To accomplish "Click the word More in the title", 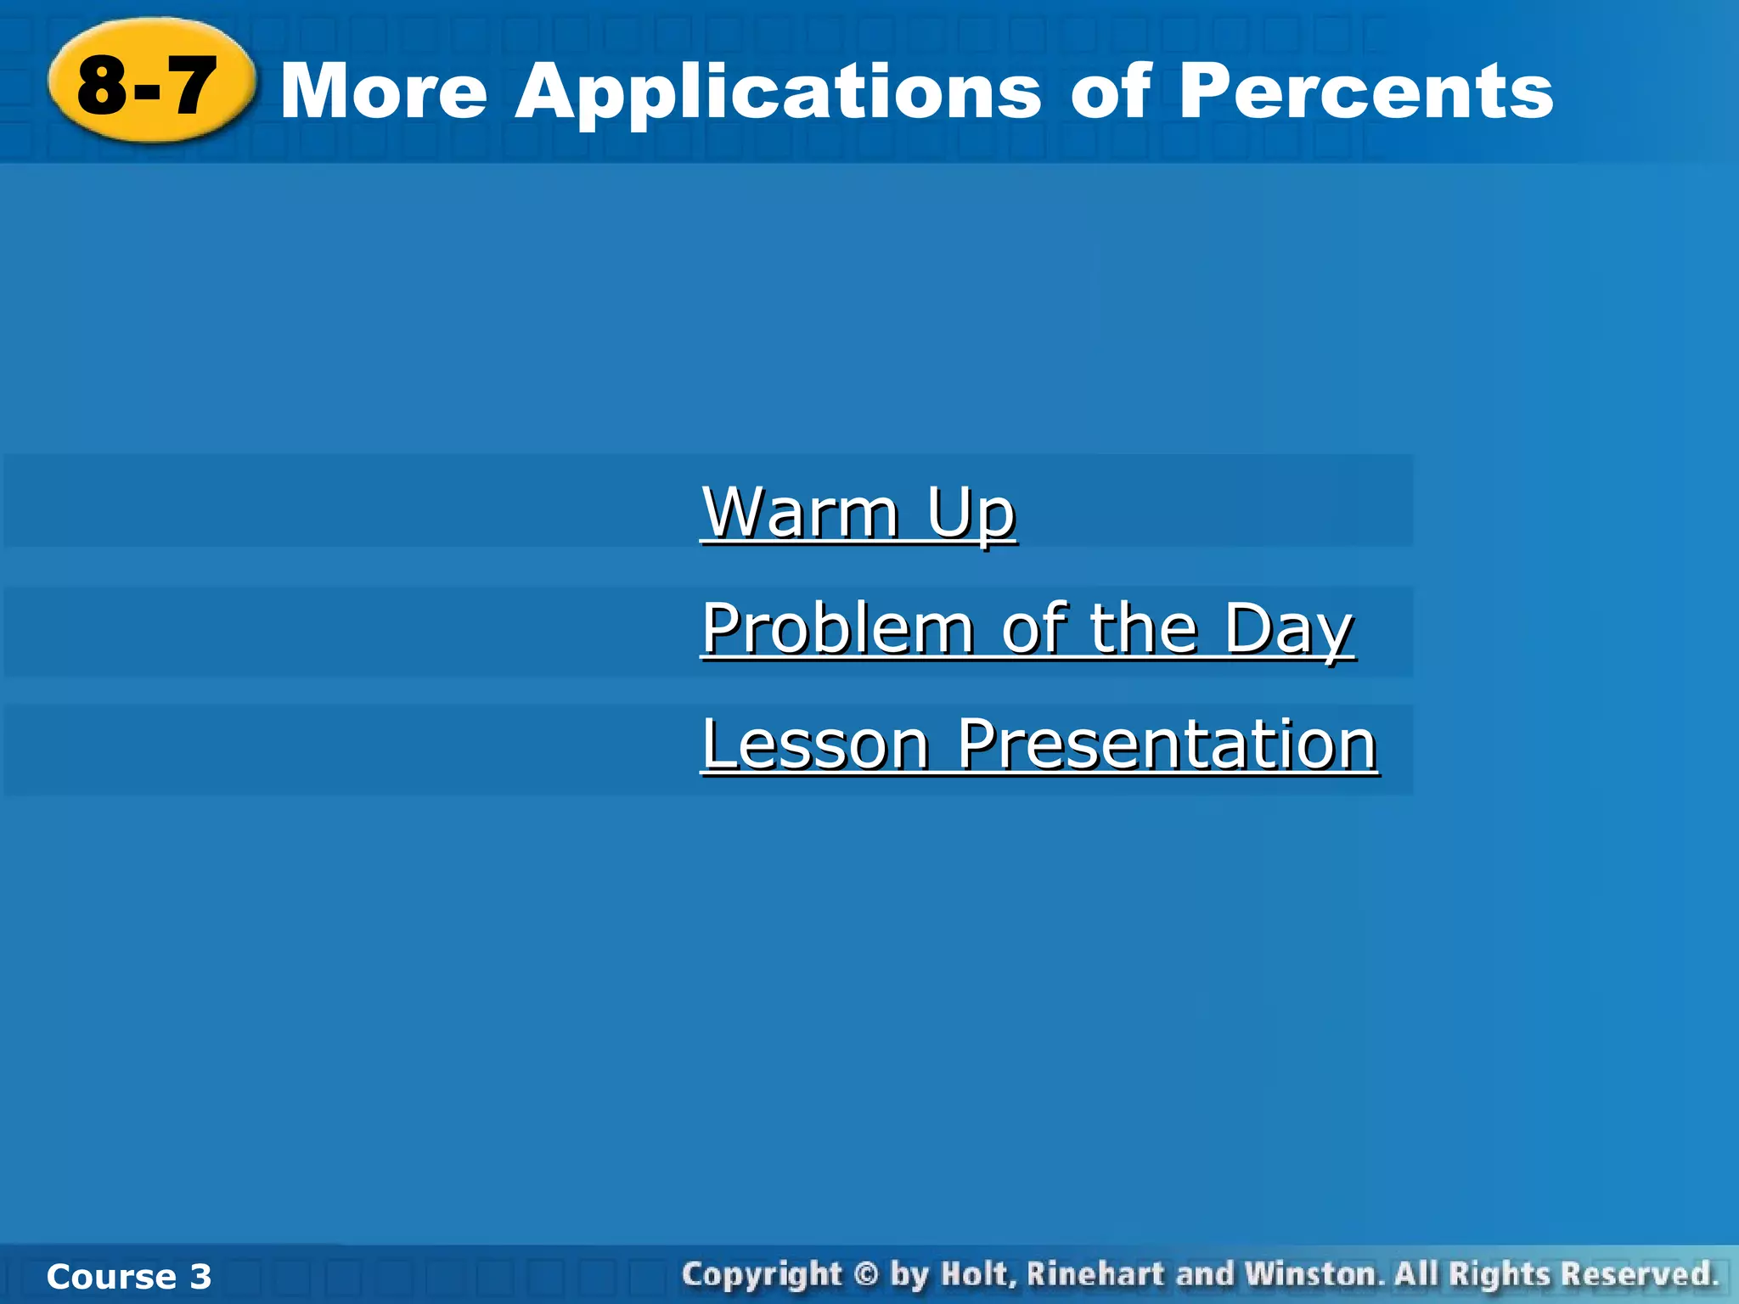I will pyautogui.click(x=384, y=92).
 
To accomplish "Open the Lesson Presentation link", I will pyautogui.click(x=1039, y=745).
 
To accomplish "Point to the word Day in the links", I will pyautogui.click(x=1288, y=630).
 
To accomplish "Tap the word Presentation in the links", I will pyautogui.click(x=1167, y=745).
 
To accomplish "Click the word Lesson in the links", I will pyautogui.click(x=816, y=745).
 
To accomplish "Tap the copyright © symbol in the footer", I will pyautogui.click(x=865, y=1275).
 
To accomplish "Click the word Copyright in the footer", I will pyautogui.click(x=762, y=1275).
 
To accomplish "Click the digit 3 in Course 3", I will pyautogui.click(x=200, y=1277).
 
